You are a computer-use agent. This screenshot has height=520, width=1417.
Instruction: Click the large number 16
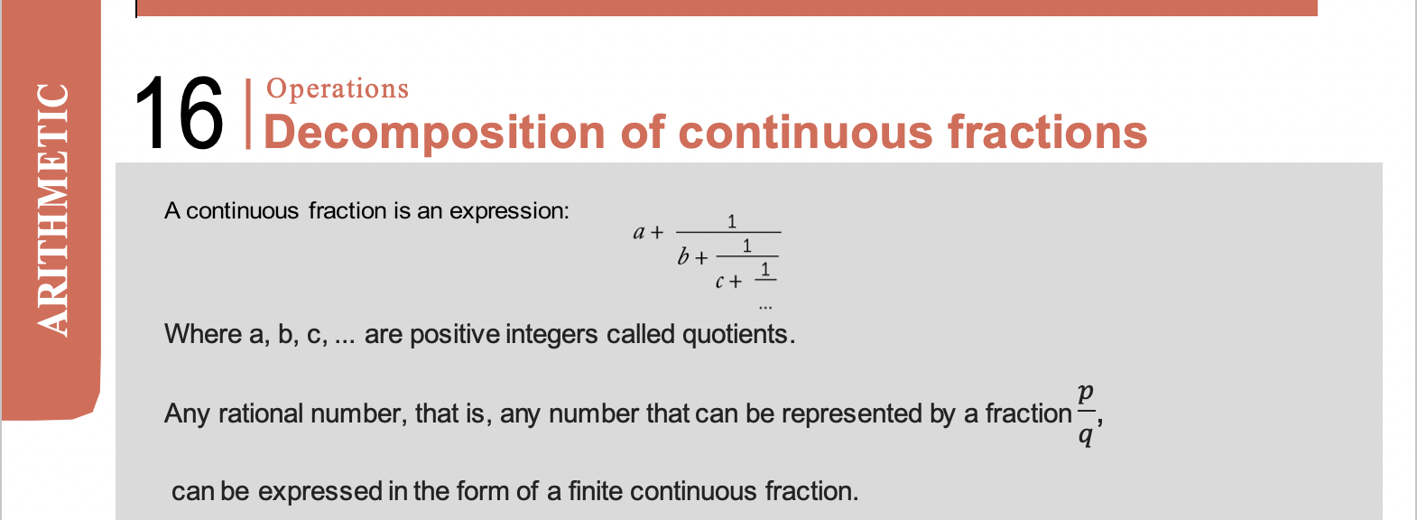[179, 114]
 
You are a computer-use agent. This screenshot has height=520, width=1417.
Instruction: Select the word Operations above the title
[338, 89]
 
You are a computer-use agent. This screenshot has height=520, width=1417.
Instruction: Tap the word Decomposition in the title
[435, 134]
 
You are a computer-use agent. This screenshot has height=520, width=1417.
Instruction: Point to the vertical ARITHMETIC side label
[52, 209]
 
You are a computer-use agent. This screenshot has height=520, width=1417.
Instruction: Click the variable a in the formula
[639, 233]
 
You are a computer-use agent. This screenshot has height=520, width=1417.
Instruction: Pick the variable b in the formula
[683, 256]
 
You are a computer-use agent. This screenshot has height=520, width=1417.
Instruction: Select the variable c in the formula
[720, 282]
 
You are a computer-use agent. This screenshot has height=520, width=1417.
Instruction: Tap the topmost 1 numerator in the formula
[732, 221]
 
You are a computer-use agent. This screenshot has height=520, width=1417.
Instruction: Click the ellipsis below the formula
[765, 308]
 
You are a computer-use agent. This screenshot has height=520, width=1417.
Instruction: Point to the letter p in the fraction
[1086, 395]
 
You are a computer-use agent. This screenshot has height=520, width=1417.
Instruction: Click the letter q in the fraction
[1086, 435]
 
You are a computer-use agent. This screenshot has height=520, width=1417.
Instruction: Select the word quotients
[738, 335]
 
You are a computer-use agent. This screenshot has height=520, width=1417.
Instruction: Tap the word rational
[261, 413]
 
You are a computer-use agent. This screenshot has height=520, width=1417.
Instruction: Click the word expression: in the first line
[509, 211]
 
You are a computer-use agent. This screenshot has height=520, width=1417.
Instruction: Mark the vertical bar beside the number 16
[248, 114]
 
